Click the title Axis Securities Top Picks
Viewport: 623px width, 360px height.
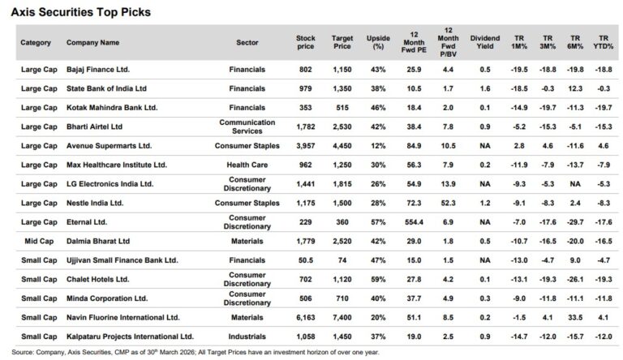coord(80,11)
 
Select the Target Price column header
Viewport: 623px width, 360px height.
coord(342,42)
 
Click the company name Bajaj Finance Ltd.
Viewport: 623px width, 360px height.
coord(98,70)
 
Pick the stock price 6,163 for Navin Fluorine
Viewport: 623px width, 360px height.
coord(305,317)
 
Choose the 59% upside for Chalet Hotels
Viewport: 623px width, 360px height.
coord(377,278)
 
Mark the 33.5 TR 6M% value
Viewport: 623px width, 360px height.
coord(574,317)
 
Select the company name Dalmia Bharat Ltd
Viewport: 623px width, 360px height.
coord(97,241)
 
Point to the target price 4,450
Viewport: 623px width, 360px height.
coord(342,145)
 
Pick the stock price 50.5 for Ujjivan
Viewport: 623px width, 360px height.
coord(305,259)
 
